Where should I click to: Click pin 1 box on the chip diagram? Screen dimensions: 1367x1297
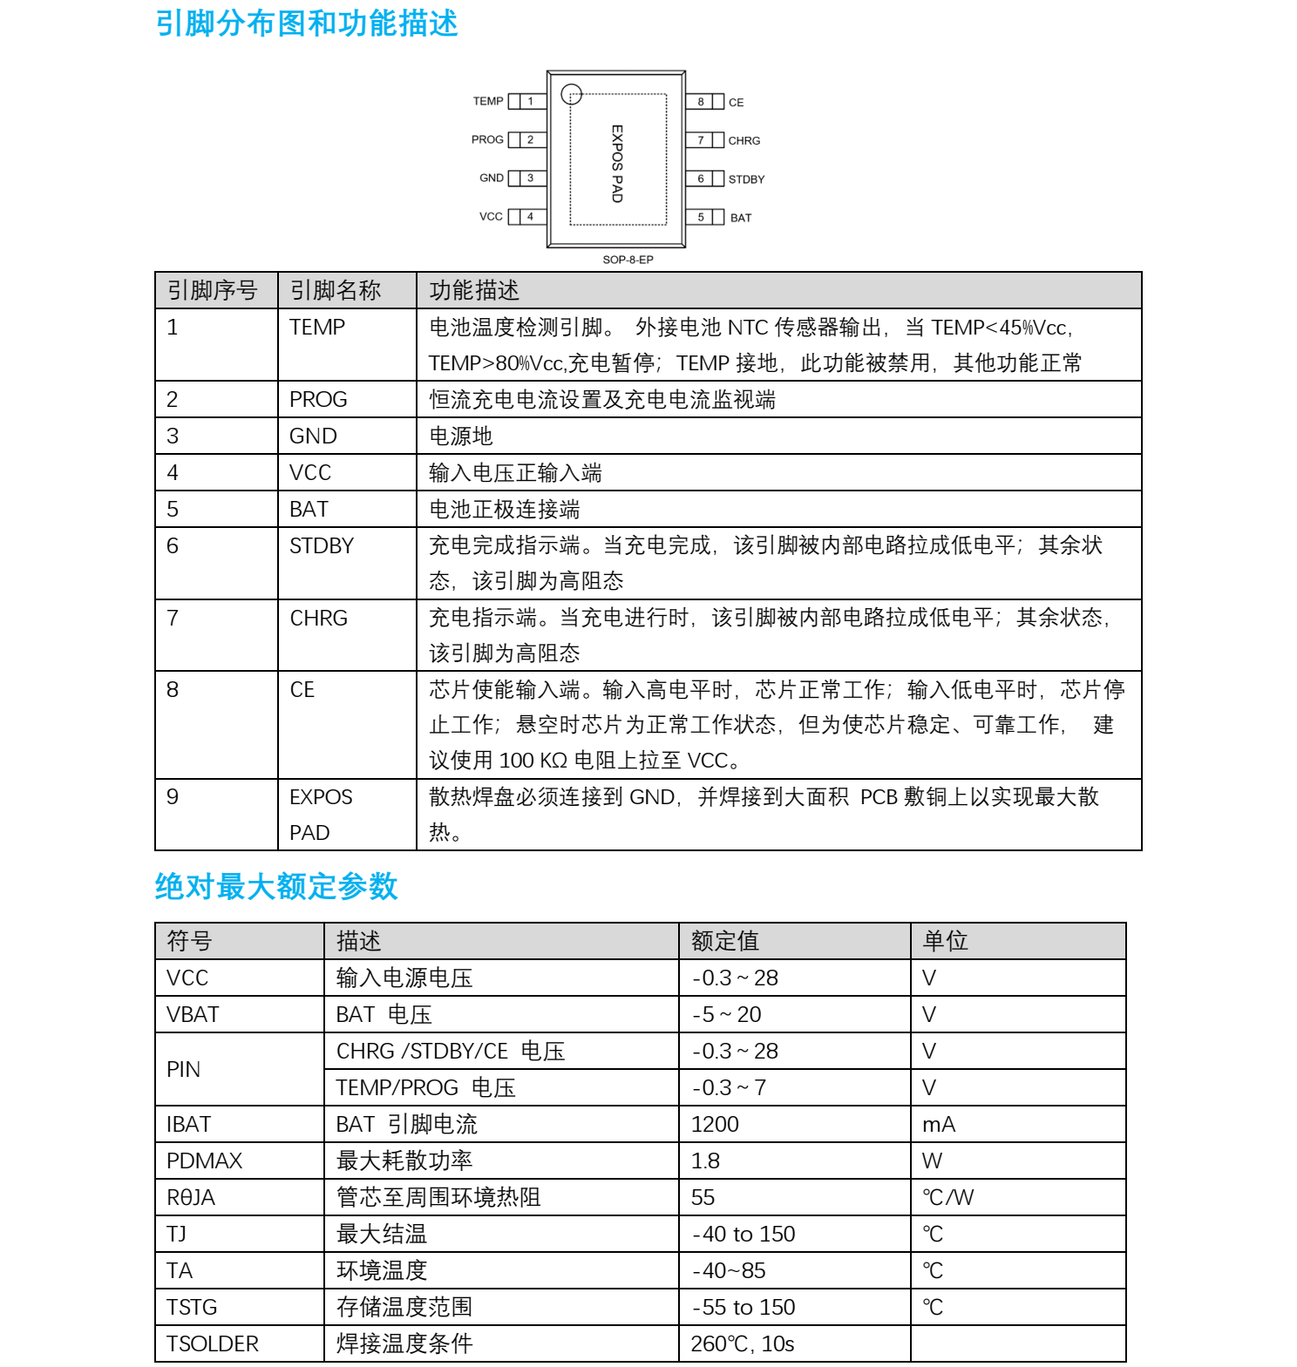(530, 101)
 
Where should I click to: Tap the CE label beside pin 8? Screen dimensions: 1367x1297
(737, 103)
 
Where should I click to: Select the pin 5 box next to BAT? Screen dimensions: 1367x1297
(701, 217)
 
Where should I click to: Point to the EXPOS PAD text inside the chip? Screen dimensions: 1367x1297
(617, 164)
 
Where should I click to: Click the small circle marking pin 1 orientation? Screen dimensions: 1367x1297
(571, 93)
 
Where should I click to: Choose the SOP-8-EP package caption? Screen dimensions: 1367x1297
(628, 260)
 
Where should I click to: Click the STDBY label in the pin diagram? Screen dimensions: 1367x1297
(746, 179)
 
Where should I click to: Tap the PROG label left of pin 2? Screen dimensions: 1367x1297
(487, 139)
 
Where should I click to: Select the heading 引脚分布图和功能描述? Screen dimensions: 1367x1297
(307, 24)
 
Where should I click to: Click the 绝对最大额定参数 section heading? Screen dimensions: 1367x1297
(276, 886)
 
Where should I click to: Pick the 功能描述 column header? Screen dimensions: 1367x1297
(474, 290)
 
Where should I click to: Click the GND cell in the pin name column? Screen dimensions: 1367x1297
(313, 436)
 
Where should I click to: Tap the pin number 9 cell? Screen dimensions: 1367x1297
(173, 796)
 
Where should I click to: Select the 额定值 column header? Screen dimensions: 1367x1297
(724, 941)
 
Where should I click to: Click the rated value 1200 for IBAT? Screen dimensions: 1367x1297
(715, 1124)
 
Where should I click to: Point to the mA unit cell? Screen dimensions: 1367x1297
(939, 1124)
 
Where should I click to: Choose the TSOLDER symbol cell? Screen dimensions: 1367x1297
(213, 1343)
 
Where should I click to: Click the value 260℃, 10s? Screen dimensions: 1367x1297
(743, 1343)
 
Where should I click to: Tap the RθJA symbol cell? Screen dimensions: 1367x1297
(191, 1197)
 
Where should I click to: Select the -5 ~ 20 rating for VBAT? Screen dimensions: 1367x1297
(727, 1014)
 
